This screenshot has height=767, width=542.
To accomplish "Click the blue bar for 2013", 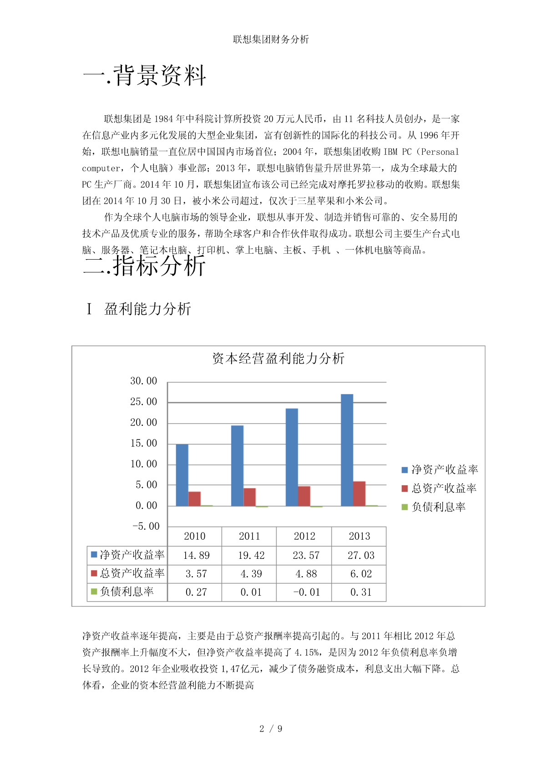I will pyautogui.click(x=347, y=450).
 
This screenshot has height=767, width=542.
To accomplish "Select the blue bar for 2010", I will pyautogui.click(x=182, y=475).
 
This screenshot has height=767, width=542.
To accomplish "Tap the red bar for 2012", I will pyautogui.click(x=304, y=496).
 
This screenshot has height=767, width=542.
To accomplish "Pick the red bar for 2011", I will pyautogui.click(x=249, y=497).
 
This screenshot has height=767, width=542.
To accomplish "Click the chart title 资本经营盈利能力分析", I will pyautogui.click(x=278, y=358).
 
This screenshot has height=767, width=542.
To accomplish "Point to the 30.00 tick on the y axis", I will pyautogui.click(x=143, y=381).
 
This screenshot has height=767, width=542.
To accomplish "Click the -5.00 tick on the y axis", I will pyautogui.click(x=146, y=527).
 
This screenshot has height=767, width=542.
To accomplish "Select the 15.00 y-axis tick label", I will pyautogui.click(x=143, y=444).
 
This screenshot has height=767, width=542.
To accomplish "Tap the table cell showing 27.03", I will pyautogui.click(x=360, y=556).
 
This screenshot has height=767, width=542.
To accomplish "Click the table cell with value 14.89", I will pyautogui.click(x=196, y=556).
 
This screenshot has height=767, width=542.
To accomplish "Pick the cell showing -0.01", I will pyautogui.click(x=306, y=593).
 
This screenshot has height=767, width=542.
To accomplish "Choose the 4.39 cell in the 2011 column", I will pyautogui.click(x=251, y=574).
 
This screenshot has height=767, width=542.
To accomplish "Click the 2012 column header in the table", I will pyautogui.click(x=304, y=537).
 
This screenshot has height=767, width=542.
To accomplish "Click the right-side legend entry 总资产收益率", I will pyautogui.click(x=444, y=489).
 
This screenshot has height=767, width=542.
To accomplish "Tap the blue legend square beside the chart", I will pyautogui.click(x=405, y=470).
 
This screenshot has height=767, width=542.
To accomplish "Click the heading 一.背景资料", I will pyautogui.click(x=145, y=76).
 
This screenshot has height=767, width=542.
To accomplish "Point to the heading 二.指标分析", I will pyautogui.click(x=145, y=266).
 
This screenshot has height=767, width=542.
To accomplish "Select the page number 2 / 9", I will pyautogui.click(x=271, y=729).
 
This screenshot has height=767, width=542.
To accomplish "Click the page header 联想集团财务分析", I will pyautogui.click(x=271, y=40).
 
